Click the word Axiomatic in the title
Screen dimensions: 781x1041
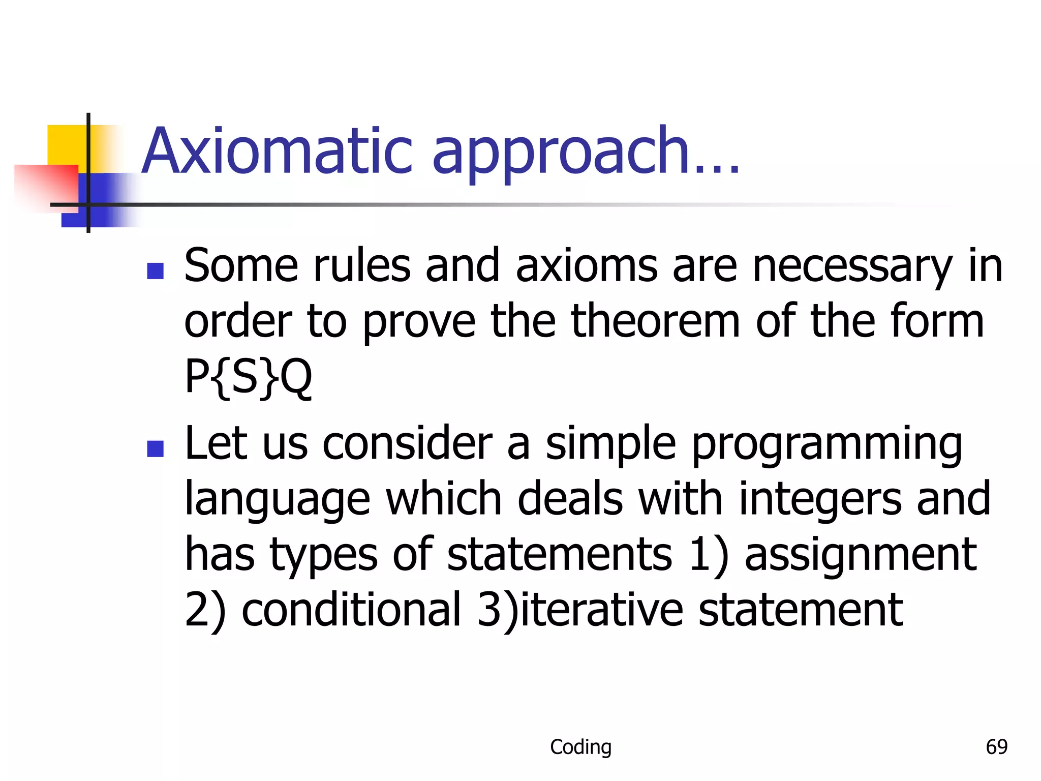[x=277, y=151]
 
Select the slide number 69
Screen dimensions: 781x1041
[x=996, y=746]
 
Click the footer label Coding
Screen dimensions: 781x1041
[x=580, y=746]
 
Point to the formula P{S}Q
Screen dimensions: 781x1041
[x=248, y=377]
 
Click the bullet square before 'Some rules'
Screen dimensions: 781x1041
[x=155, y=271]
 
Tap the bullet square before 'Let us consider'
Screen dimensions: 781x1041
[x=155, y=448]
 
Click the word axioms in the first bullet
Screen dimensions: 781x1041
[x=587, y=266]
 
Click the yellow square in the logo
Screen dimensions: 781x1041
[x=66, y=145]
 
